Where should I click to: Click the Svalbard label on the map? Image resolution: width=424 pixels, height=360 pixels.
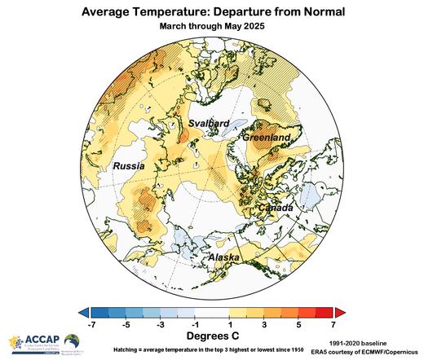click(x=209, y=123)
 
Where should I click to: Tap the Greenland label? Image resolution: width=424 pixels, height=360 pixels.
click(x=267, y=139)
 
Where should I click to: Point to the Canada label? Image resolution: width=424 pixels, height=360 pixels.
click(x=275, y=209)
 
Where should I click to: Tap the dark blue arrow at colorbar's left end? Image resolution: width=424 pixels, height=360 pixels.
click(x=84, y=312)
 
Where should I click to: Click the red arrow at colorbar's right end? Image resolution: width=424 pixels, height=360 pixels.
click(x=340, y=312)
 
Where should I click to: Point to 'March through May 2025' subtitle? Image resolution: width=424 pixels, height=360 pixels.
click(x=212, y=25)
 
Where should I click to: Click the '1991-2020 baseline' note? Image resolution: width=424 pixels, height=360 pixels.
click(x=369, y=343)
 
